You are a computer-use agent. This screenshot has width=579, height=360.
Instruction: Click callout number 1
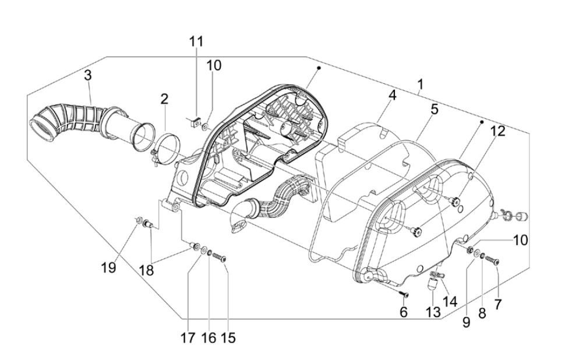tap(420, 85)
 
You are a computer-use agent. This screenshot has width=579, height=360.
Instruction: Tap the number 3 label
tap(87, 75)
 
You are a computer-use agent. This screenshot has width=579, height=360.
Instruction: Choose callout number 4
tap(393, 95)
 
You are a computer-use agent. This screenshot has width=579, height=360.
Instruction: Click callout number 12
tap(497, 132)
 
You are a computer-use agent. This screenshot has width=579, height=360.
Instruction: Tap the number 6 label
tap(404, 312)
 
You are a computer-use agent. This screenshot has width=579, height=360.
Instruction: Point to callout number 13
tap(432, 312)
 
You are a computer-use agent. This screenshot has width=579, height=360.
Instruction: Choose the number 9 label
tap(466, 322)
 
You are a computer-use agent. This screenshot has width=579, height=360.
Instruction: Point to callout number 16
tap(208, 337)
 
